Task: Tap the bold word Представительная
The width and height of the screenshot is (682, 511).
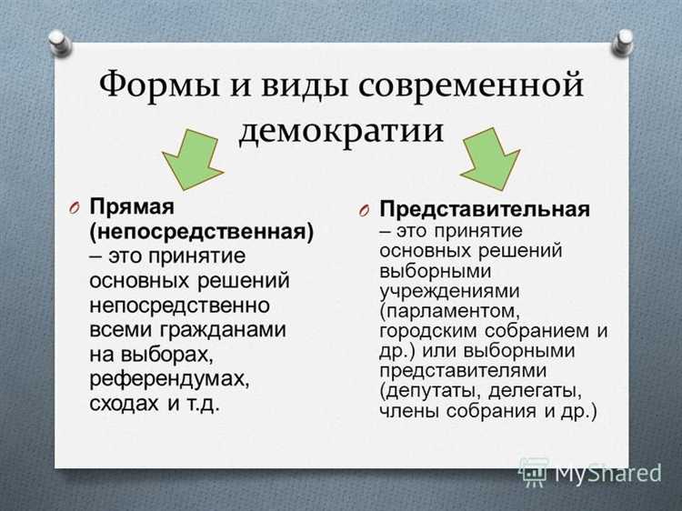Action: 485,209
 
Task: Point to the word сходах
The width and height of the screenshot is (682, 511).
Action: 125,401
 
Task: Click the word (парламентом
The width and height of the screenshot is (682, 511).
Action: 444,310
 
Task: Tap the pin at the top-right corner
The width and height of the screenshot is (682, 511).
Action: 624,42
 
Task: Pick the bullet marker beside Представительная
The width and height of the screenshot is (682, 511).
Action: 363,211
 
